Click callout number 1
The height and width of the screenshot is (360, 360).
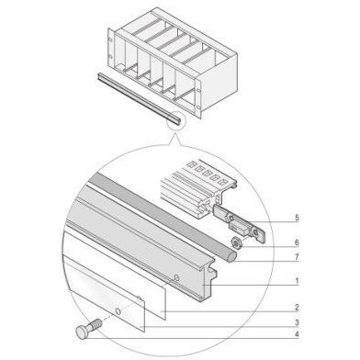coord(297,280)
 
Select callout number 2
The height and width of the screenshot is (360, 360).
coord(297,307)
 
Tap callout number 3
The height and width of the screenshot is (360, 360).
coord(297,322)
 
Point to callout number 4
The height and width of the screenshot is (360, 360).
coord(297,334)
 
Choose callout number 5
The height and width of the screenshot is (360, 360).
coord(297,218)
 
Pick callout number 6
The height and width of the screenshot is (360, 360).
coord(297,242)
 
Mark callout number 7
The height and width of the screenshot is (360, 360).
coord(297,257)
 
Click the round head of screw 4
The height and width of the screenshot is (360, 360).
coord(82,332)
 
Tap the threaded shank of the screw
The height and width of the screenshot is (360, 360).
coord(95,324)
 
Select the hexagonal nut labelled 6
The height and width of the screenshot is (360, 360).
coord(236,242)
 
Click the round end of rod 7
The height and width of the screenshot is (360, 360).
coord(232,256)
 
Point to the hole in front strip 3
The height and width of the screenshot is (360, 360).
coord(118,311)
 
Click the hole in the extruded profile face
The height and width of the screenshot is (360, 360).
coord(176,277)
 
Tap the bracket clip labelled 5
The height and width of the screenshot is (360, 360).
coord(240,223)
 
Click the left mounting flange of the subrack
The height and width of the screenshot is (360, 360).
coord(111,51)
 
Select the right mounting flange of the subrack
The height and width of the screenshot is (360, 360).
coord(198,98)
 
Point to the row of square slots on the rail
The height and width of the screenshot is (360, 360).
coord(208,174)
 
